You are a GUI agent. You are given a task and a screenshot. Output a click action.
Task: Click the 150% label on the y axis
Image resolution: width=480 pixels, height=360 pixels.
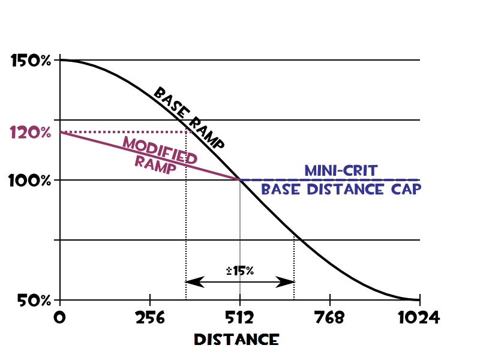tap(31, 61)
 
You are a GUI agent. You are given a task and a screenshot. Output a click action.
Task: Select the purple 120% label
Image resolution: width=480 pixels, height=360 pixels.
tap(31, 133)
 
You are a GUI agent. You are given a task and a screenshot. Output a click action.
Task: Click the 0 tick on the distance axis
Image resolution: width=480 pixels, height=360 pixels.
tap(59, 317)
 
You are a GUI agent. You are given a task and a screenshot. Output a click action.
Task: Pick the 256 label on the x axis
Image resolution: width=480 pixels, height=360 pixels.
tap(149, 317)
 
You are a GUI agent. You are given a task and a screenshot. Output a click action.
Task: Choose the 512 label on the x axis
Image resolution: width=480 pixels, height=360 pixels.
tap(240, 317)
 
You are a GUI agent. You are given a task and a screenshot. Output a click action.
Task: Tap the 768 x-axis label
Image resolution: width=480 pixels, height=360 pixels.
tap(330, 317)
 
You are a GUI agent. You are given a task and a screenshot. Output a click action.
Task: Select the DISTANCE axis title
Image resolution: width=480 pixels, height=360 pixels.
tap(236, 339)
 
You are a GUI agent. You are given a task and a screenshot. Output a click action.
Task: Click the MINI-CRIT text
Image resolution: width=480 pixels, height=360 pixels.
tap(341, 170)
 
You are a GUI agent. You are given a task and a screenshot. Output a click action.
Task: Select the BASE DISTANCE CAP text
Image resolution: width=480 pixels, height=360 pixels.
tap(341, 190)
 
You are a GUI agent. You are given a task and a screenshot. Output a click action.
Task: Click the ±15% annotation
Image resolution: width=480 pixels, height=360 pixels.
tap(240, 271)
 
